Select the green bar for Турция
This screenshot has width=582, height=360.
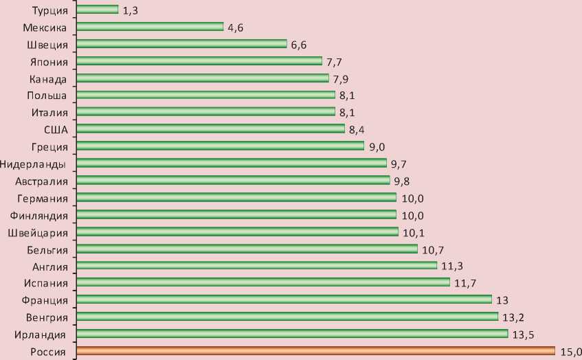coord(97,10)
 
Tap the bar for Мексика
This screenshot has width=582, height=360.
coord(150,27)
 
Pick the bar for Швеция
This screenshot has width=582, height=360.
coord(181,44)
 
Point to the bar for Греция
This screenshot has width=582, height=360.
coord(220,146)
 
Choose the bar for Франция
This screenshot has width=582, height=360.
coord(284,300)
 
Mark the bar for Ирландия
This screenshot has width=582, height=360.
coord(291,334)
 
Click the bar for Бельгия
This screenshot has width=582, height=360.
coord(247,249)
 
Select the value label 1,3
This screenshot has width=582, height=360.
coord(129,10)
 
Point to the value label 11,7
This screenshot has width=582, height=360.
coord(465,282)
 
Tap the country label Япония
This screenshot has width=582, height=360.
coord(49,61)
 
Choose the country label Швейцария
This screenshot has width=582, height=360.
coord(38,232)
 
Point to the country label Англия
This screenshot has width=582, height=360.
coord(49,266)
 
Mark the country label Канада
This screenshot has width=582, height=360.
coord(48,78)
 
